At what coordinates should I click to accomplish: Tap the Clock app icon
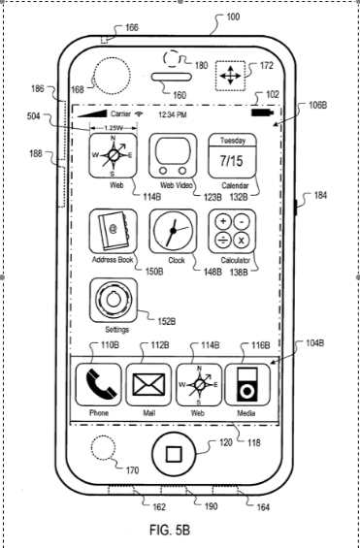coord(173,231)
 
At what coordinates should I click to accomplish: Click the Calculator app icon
coord(232,231)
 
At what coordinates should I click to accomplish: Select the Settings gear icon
coord(114,300)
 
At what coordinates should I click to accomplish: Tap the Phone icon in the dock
coord(99,384)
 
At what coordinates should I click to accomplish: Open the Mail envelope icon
coord(148,384)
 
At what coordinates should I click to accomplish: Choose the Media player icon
coord(247,384)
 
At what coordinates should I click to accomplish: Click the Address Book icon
coord(113,231)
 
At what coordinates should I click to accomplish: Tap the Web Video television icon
coord(173,155)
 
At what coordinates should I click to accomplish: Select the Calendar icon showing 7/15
coord(233,155)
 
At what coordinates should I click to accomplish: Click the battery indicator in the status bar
coord(263,113)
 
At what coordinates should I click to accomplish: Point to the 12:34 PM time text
coord(173,114)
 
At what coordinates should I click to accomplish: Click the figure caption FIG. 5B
coord(170,530)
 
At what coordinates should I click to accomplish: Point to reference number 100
coord(233,16)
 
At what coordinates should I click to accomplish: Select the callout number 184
coord(320,195)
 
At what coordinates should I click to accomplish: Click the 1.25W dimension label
coord(113,128)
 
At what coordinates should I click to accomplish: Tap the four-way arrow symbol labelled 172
coord(230,76)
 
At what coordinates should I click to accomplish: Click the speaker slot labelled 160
coord(172,77)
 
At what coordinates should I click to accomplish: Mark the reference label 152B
coord(167,321)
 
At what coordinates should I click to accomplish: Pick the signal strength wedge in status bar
coord(92,113)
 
